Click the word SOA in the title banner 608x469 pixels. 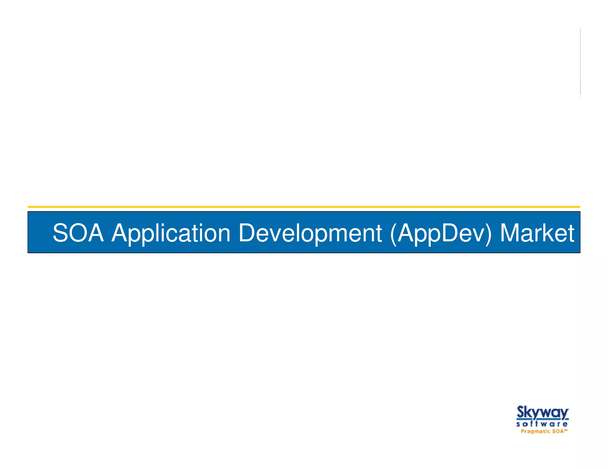78,233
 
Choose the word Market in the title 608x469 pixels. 537,233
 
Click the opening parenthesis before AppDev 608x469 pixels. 393,234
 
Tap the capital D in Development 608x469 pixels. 249,233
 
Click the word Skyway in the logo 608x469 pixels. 542,413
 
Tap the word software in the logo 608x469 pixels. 542,424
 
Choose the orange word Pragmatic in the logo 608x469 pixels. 536,431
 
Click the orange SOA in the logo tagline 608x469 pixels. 558,431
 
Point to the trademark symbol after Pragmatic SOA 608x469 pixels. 566,430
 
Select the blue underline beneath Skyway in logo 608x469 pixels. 542,419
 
